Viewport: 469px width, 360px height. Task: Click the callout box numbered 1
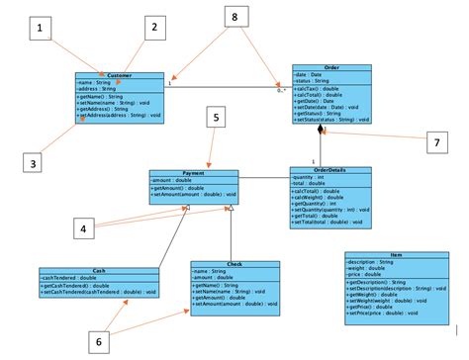pyautogui.click(x=42, y=30)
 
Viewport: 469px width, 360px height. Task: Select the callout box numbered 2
pyautogui.click(x=153, y=29)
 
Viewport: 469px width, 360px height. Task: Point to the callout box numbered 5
pyautogui.click(x=217, y=118)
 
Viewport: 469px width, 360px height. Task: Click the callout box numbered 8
pyautogui.click(x=234, y=18)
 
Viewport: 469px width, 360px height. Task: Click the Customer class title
pyautogui.click(x=120, y=74)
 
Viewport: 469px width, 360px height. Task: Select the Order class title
pyautogui.click(x=331, y=68)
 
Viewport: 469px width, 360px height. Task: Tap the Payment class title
pyautogui.click(x=194, y=173)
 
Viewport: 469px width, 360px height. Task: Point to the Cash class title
pyautogui.click(x=99, y=271)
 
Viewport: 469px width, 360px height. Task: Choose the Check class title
pyautogui.click(x=234, y=264)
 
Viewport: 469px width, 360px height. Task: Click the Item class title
pyautogui.click(x=396, y=255)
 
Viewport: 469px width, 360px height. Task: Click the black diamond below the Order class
pyautogui.click(x=320, y=130)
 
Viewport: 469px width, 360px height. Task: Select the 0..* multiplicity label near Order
pyautogui.click(x=282, y=91)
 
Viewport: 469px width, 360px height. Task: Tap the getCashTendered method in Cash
pyautogui.click(x=79, y=286)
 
